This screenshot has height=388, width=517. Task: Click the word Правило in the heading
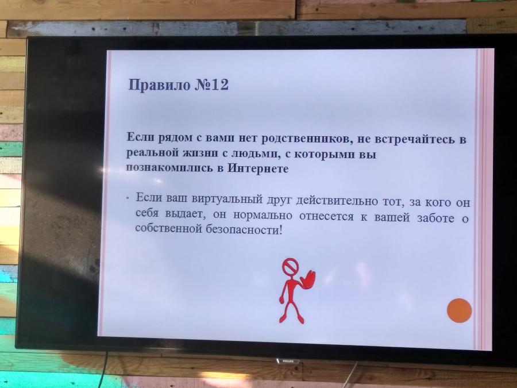pos(160,85)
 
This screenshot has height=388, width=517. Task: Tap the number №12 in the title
pos(211,85)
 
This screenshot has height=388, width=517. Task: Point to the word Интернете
pos(258,168)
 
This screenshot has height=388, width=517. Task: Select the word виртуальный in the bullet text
pos(227,199)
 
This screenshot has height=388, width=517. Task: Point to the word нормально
pos(263,216)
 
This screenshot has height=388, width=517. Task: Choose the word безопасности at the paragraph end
pos(244,229)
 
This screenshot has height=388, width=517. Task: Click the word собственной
pos(168,228)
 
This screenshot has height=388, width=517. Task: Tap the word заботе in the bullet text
pos(435,218)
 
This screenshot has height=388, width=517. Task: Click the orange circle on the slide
pos(460,310)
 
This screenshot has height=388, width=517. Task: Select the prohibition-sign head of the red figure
pos(290,267)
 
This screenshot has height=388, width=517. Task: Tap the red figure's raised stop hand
pos(308,280)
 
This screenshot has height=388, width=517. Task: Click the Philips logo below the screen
pos(288,362)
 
